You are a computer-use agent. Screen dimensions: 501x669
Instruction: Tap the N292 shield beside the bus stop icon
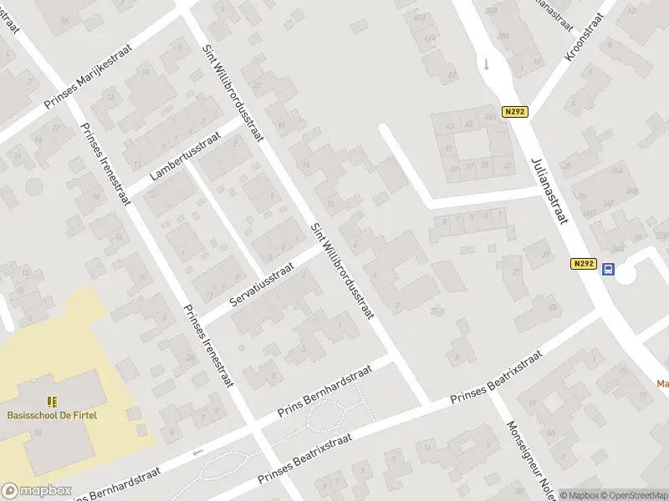585,264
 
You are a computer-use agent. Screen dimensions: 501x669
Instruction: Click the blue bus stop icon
609,269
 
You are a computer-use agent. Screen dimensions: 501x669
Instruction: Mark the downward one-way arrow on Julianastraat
485,63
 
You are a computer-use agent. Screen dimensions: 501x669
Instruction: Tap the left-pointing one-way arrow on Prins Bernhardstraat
198,452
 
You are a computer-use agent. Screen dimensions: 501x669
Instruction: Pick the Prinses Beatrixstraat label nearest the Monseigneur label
497,377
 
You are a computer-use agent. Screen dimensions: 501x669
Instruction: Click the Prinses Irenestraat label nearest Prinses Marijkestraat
105,164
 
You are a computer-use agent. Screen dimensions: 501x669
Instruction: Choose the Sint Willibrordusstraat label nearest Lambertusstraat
234,89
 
